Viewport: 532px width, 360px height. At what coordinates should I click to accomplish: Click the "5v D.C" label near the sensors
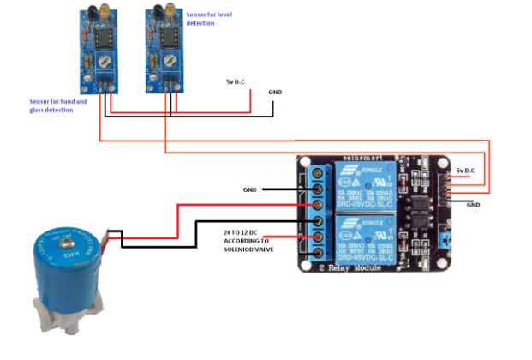coord(236,81)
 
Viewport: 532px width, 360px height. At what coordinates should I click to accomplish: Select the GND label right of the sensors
coord(275,92)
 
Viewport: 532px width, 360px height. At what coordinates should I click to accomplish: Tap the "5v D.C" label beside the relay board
coord(469,170)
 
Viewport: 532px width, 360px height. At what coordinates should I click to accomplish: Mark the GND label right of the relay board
coord(473,205)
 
